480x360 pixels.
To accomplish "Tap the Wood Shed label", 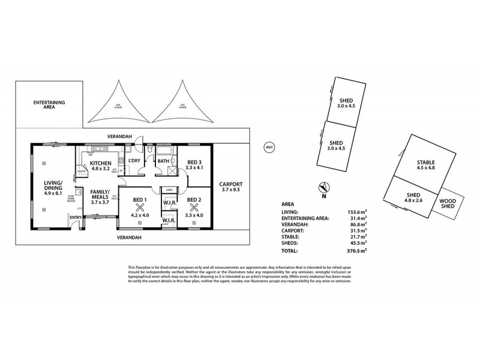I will (x=447, y=204).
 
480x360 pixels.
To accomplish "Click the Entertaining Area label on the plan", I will (x=49, y=106).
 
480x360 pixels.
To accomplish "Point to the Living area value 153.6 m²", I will (x=358, y=211).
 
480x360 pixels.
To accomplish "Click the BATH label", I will (x=163, y=161).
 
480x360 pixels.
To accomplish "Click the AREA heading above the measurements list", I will (x=288, y=204).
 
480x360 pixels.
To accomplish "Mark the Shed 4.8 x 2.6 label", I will (x=413, y=198).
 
